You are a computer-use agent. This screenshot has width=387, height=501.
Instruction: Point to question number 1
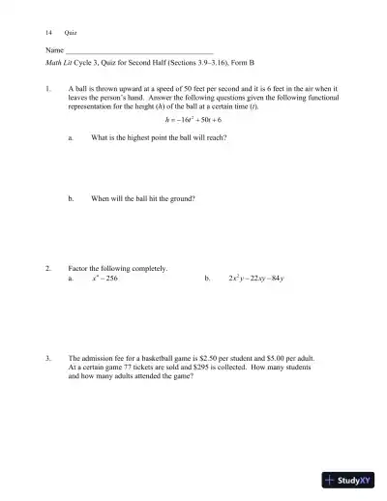tap(47, 87)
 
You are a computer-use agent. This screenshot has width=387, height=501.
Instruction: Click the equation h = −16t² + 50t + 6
tap(193, 119)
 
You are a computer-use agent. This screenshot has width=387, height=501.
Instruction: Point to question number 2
tap(47, 268)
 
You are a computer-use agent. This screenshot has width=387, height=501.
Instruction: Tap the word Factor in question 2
tap(79, 268)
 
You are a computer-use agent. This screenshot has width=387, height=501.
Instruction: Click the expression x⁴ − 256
tap(104, 278)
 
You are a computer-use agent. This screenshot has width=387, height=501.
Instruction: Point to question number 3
tap(47, 357)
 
